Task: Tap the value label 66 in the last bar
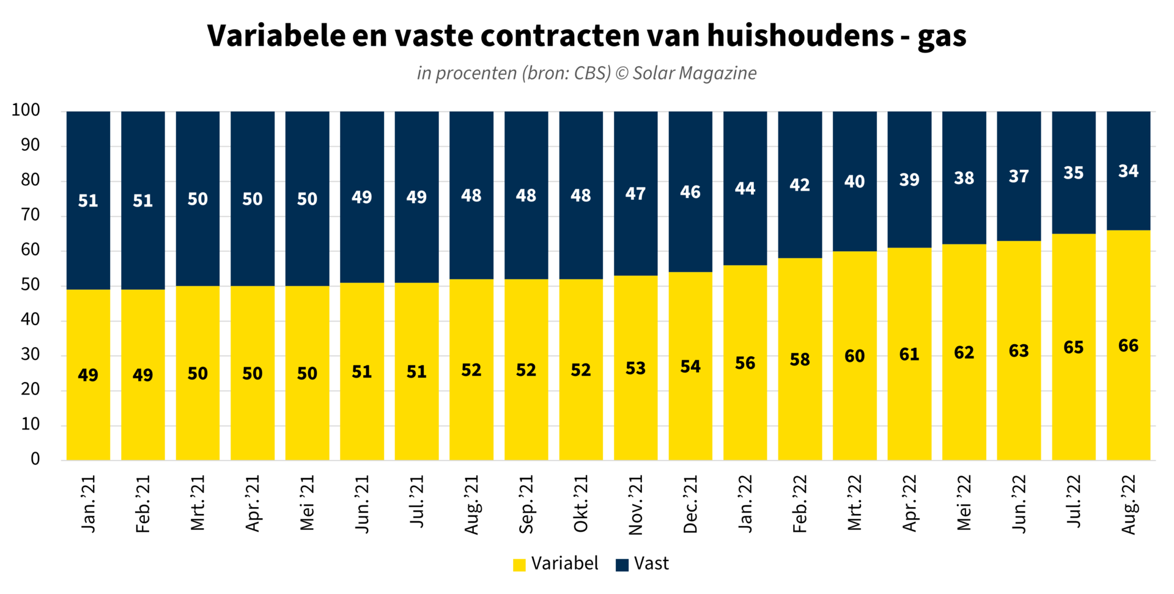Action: pyautogui.click(x=1128, y=346)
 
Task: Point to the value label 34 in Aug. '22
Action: pyautogui.click(x=1128, y=171)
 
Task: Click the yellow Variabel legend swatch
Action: pyautogui.click(x=519, y=565)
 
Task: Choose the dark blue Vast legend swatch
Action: pyautogui.click(x=622, y=565)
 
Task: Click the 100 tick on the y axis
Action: pyautogui.click(x=26, y=111)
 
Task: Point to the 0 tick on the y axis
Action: pyautogui.click(x=35, y=459)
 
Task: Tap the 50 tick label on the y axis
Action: pyautogui.click(x=30, y=285)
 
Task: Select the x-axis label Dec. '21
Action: pyautogui.click(x=690, y=504)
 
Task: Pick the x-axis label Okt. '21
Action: pyautogui.click(x=581, y=504)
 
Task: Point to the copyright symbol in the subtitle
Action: pyautogui.click(x=622, y=73)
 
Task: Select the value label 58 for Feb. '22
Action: pyautogui.click(x=800, y=359)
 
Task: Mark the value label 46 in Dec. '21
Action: pyautogui.click(x=690, y=193)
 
